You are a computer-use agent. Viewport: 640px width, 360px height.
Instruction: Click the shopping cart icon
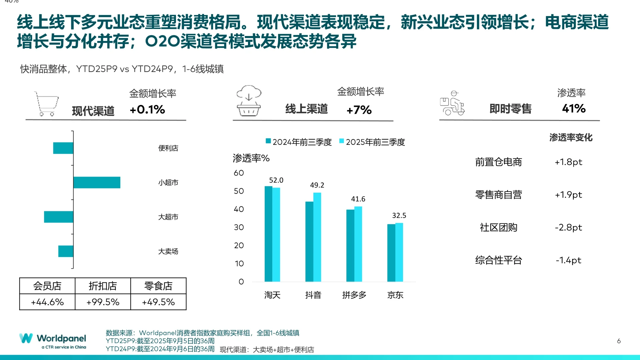(x=46, y=104)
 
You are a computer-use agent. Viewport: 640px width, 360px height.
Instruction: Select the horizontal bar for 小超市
(x=97, y=182)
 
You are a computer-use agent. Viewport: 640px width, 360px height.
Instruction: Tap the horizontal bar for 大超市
(x=58, y=217)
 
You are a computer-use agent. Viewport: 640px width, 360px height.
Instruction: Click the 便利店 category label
(x=168, y=148)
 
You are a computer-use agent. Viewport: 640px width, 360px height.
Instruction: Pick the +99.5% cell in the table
(x=103, y=302)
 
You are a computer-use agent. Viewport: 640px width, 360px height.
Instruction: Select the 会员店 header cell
(x=47, y=286)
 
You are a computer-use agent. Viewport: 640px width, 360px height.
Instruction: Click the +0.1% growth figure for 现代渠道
(x=147, y=109)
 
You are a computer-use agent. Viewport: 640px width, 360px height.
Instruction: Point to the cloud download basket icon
(x=249, y=101)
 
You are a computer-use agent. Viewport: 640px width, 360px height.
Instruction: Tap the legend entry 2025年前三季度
(x=372, y=142)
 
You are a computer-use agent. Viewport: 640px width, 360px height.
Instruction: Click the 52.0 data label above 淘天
(x=276, y=180)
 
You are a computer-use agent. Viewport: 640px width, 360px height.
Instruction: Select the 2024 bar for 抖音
(x=309, y=241)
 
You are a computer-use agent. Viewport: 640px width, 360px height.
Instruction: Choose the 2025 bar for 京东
(x=399, y=252)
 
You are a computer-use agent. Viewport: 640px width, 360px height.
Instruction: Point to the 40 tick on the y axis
(x=239, y=209)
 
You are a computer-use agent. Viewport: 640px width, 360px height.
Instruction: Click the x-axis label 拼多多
(x=354, y=295)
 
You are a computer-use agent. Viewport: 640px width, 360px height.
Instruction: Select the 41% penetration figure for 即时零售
(x=574, y=108)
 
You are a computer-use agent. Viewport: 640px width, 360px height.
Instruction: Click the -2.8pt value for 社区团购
(x=568, y=227)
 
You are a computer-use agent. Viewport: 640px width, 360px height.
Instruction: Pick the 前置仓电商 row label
(x=498, y=162)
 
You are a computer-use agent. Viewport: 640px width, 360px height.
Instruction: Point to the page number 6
(x=619, y=341)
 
